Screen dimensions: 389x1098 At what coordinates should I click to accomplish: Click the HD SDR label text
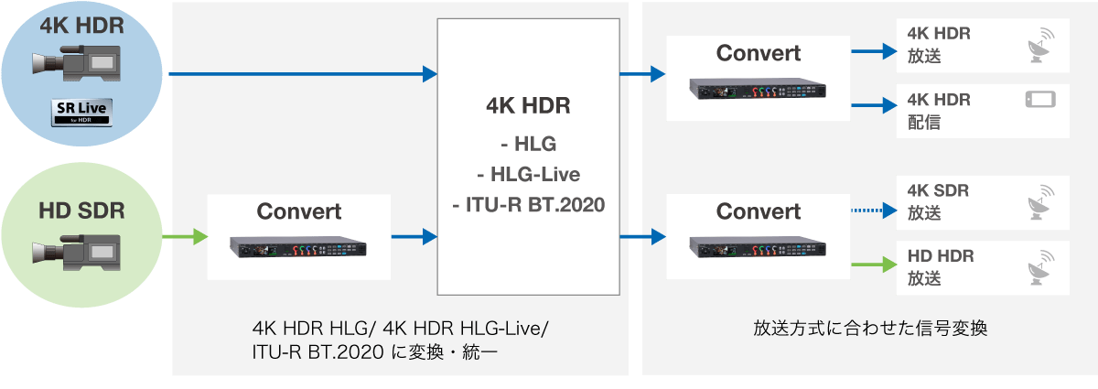pyautogui.click(x=81, y=211)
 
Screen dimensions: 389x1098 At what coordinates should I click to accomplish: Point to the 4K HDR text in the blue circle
pyautogui.click(x=81, y=25)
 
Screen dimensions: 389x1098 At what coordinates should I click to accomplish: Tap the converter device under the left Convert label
pyautogui.click(x=298, y=247)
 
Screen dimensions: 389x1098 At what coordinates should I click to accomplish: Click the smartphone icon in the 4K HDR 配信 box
pyautogui.click(x=1039, y=99)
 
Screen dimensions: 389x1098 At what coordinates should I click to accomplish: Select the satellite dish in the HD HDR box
pyautogui.click(x=1039, y=270)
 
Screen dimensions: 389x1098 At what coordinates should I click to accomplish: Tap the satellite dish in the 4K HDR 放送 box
pyautogui.click(x=1039, y=48)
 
